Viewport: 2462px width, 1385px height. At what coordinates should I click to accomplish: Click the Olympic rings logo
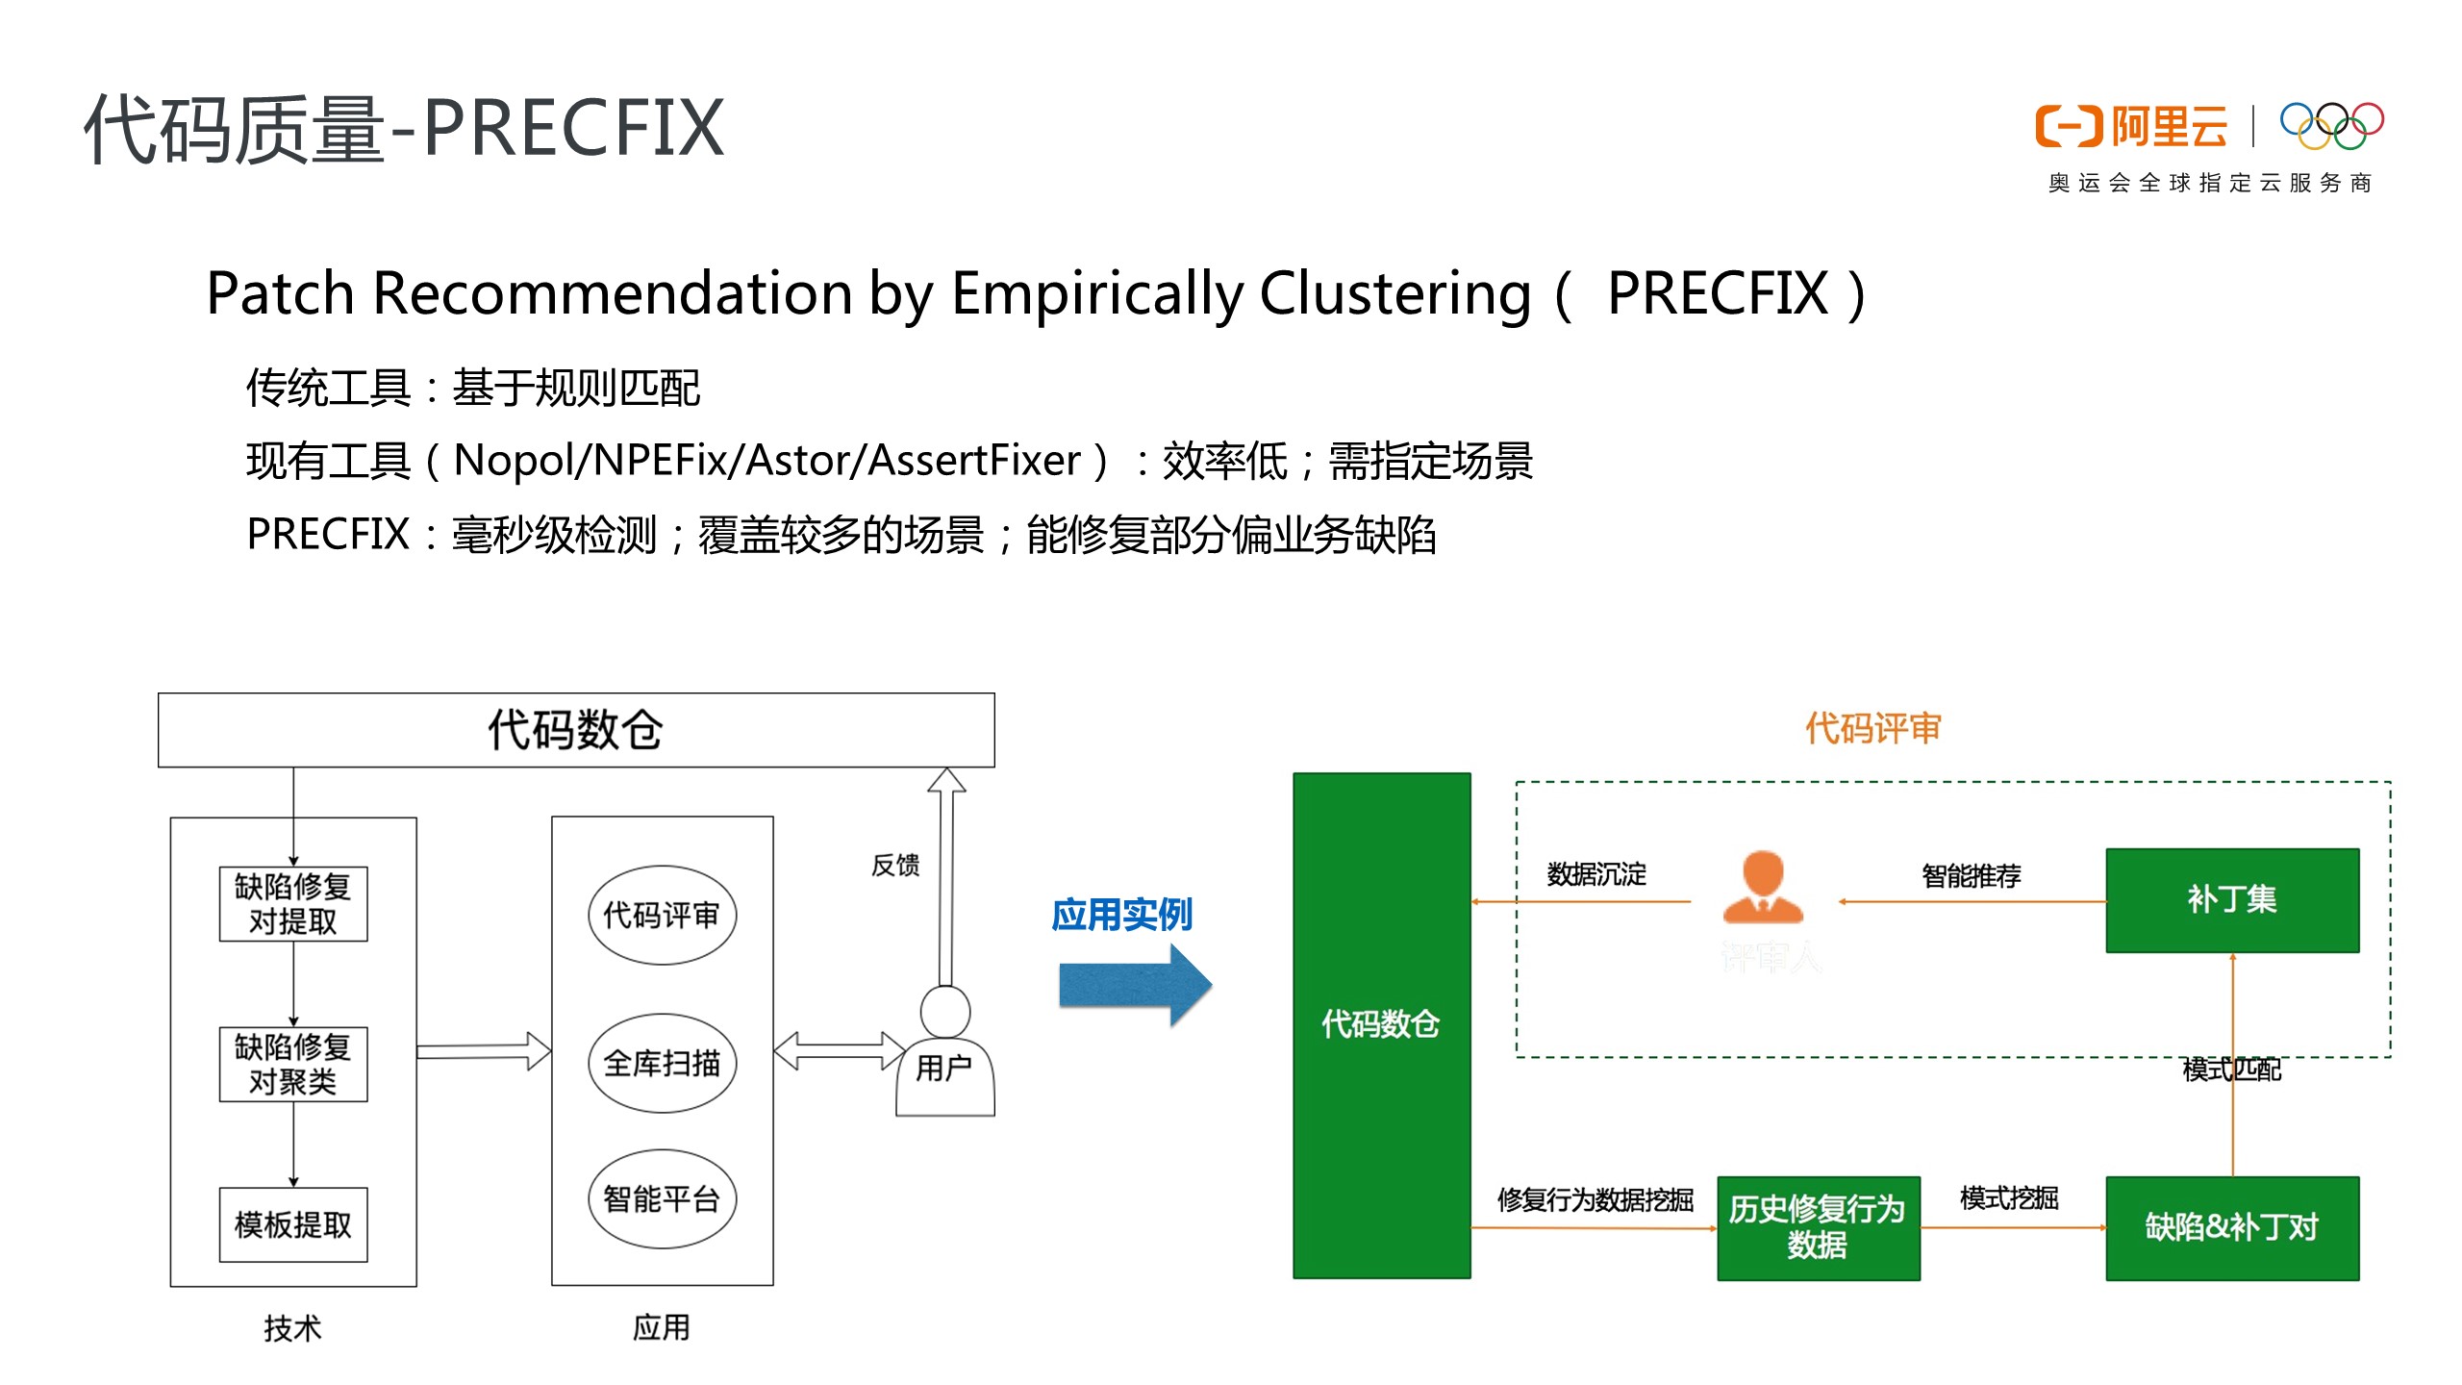pos(2331,126)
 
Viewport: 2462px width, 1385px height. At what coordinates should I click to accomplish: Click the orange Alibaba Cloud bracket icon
pos(2069,127)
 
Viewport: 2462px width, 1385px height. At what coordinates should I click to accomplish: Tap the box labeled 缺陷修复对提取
pos(293,903)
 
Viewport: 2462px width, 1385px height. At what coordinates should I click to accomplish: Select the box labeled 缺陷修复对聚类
pos(293,1064)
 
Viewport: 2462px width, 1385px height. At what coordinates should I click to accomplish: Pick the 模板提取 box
pos(293,1224)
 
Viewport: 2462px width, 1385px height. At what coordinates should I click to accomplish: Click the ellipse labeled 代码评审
pos(662,915)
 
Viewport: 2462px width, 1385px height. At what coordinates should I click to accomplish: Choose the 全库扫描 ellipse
pos(662,1063)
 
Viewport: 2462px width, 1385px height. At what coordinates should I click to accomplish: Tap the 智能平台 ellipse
pos(662,1198)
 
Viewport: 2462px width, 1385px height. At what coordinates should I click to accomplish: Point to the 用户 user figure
pos(944,1053)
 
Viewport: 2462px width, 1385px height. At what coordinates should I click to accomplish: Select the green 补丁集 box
pos(2231,900)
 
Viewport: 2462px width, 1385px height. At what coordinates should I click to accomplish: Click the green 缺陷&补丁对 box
pos(2231,1228)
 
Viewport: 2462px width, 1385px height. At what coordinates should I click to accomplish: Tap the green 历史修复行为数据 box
pos(1818,1227)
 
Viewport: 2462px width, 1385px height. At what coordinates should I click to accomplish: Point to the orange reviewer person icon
pos(1763,887)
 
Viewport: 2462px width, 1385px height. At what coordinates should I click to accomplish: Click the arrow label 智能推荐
pos(1971,875)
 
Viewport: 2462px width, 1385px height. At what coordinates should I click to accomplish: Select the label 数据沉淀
pos(1596,874)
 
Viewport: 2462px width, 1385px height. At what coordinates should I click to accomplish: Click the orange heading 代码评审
pos(1872,728)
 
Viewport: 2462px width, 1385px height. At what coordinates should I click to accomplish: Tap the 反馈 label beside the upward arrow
pos(895,865)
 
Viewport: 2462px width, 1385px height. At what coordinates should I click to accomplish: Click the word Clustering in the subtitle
pos(1394,293)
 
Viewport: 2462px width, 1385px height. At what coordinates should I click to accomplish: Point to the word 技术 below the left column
pos(292,1328)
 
